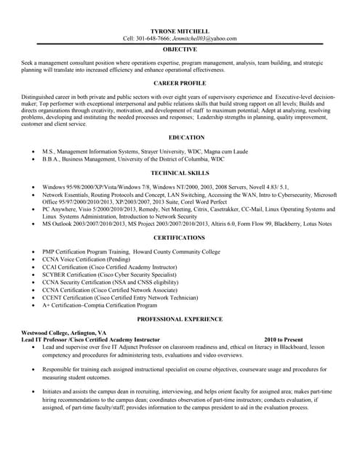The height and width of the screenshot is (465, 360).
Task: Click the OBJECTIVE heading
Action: point(179,49)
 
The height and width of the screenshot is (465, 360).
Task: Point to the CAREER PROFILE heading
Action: point(179,84)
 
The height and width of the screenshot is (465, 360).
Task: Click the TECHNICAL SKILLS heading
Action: point(179,173)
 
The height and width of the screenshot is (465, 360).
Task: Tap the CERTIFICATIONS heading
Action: point(179,238)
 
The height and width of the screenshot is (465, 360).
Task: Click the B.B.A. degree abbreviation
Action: point(52,158)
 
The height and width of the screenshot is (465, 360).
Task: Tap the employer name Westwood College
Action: point(47,332)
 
